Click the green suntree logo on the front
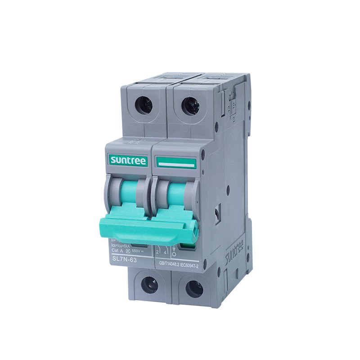128,160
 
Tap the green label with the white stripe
175,163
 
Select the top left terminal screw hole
144,105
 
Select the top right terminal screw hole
190,106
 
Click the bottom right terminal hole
194,288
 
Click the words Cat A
118,251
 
